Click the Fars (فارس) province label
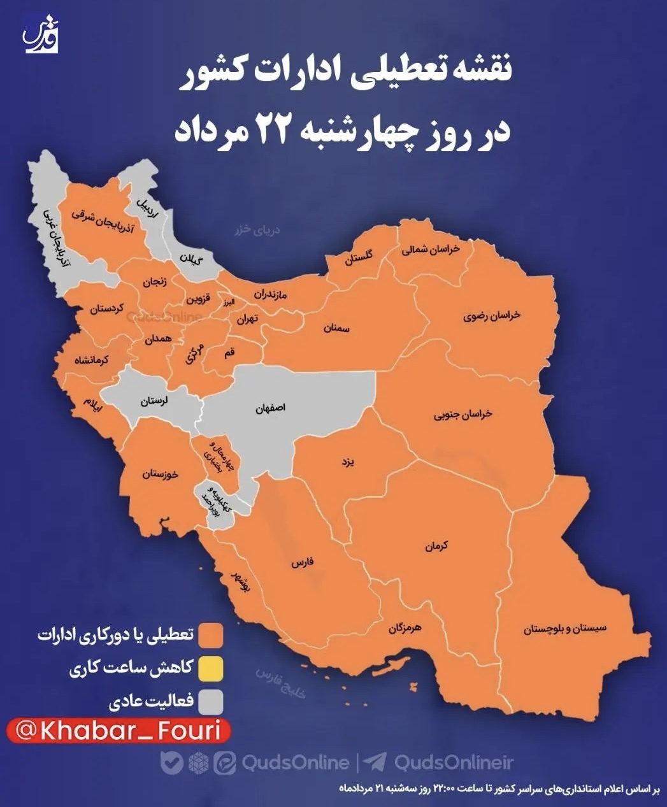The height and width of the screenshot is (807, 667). [x=304, y=563]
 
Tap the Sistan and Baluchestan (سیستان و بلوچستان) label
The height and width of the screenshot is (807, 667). [x=565, y=629]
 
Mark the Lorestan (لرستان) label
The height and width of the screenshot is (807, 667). [x=155, y=401]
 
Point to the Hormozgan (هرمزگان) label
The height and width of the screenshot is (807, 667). [x=405, y=629]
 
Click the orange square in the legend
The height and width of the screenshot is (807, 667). [x=211, y=635]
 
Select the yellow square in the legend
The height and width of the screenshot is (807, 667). [x=211, y=669]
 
